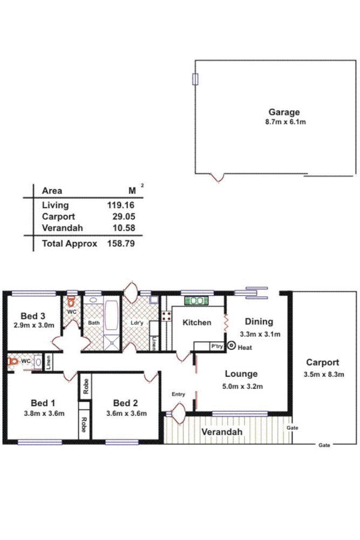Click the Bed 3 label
coord(33,316)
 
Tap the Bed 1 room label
coord(43,403)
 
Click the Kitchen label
coord(196,323)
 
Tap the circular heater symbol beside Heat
coord(232,346)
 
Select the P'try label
coord(217,346)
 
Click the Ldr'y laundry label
coord(137,323)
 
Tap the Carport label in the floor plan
coord(322,363)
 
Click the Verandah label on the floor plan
coord(222,433)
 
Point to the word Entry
coord(178,395)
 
